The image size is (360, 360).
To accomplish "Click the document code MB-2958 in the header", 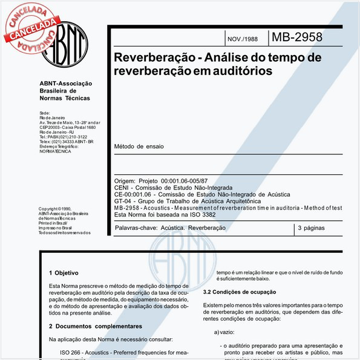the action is pos(296,38).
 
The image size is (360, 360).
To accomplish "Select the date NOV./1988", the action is pos(242,39).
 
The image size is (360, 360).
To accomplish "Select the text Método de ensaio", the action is pos(139,146).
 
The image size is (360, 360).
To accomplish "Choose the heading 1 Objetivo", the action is pos(64,273).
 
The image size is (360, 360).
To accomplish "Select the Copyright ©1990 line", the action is pos(54,209).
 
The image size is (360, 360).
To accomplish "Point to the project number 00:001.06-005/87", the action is pos(184,181).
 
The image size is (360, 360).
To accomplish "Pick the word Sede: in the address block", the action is pos(44,113).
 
